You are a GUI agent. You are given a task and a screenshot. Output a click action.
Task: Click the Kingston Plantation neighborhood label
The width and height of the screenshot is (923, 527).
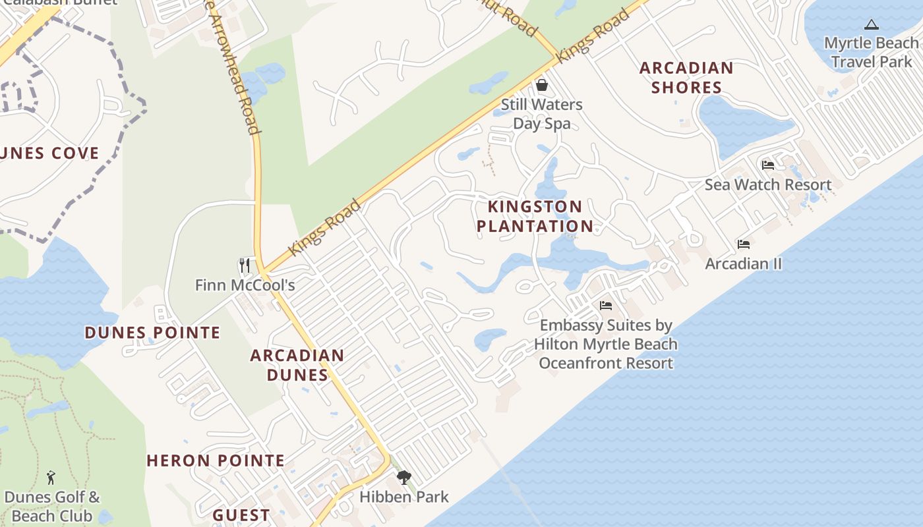tap(535, 216)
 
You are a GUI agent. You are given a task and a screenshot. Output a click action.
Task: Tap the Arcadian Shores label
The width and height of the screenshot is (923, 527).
tap(686, 77)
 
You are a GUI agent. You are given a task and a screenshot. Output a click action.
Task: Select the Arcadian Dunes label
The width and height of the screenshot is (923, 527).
tap(297, 365)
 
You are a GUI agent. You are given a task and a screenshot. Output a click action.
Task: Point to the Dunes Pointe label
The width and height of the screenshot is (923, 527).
tap(152, 333)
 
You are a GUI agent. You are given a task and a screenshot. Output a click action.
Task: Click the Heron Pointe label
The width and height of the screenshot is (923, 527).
tap(216, 460)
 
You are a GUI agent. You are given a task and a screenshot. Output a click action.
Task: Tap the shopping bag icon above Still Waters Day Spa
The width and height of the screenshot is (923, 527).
tap(541, 85)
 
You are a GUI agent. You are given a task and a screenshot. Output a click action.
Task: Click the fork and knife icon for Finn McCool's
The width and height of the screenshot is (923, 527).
tap(244, 265)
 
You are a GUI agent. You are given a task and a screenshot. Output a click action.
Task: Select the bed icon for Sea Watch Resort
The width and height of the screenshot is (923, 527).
tap(767, 165)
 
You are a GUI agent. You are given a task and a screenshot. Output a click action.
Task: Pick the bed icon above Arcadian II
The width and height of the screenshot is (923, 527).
tap(744, 244)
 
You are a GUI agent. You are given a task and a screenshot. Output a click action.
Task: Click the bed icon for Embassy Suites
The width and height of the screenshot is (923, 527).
tap(605, 306)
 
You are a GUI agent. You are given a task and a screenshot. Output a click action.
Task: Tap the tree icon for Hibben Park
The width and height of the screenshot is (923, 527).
tap(403, 478)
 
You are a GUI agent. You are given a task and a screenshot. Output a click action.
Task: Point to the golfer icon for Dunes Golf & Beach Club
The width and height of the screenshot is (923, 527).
tap(51, 478)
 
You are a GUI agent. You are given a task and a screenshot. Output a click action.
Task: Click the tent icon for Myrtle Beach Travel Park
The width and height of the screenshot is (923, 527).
tap(871, 25)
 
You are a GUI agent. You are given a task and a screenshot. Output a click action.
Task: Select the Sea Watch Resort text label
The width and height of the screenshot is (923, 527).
tap(768, 184)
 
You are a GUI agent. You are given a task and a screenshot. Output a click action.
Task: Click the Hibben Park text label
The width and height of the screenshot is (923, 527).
tap(404, 497)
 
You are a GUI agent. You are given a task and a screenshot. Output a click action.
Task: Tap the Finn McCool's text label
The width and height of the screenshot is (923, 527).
tap(245, 285)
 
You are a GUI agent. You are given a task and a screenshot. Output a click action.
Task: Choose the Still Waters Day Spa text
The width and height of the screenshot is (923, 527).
tap(541, 113)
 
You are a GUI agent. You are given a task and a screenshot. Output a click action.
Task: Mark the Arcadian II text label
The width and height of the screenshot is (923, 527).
tap(744, 263)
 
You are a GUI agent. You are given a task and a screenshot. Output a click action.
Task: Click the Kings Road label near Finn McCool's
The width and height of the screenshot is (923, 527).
tap(325, 227)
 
